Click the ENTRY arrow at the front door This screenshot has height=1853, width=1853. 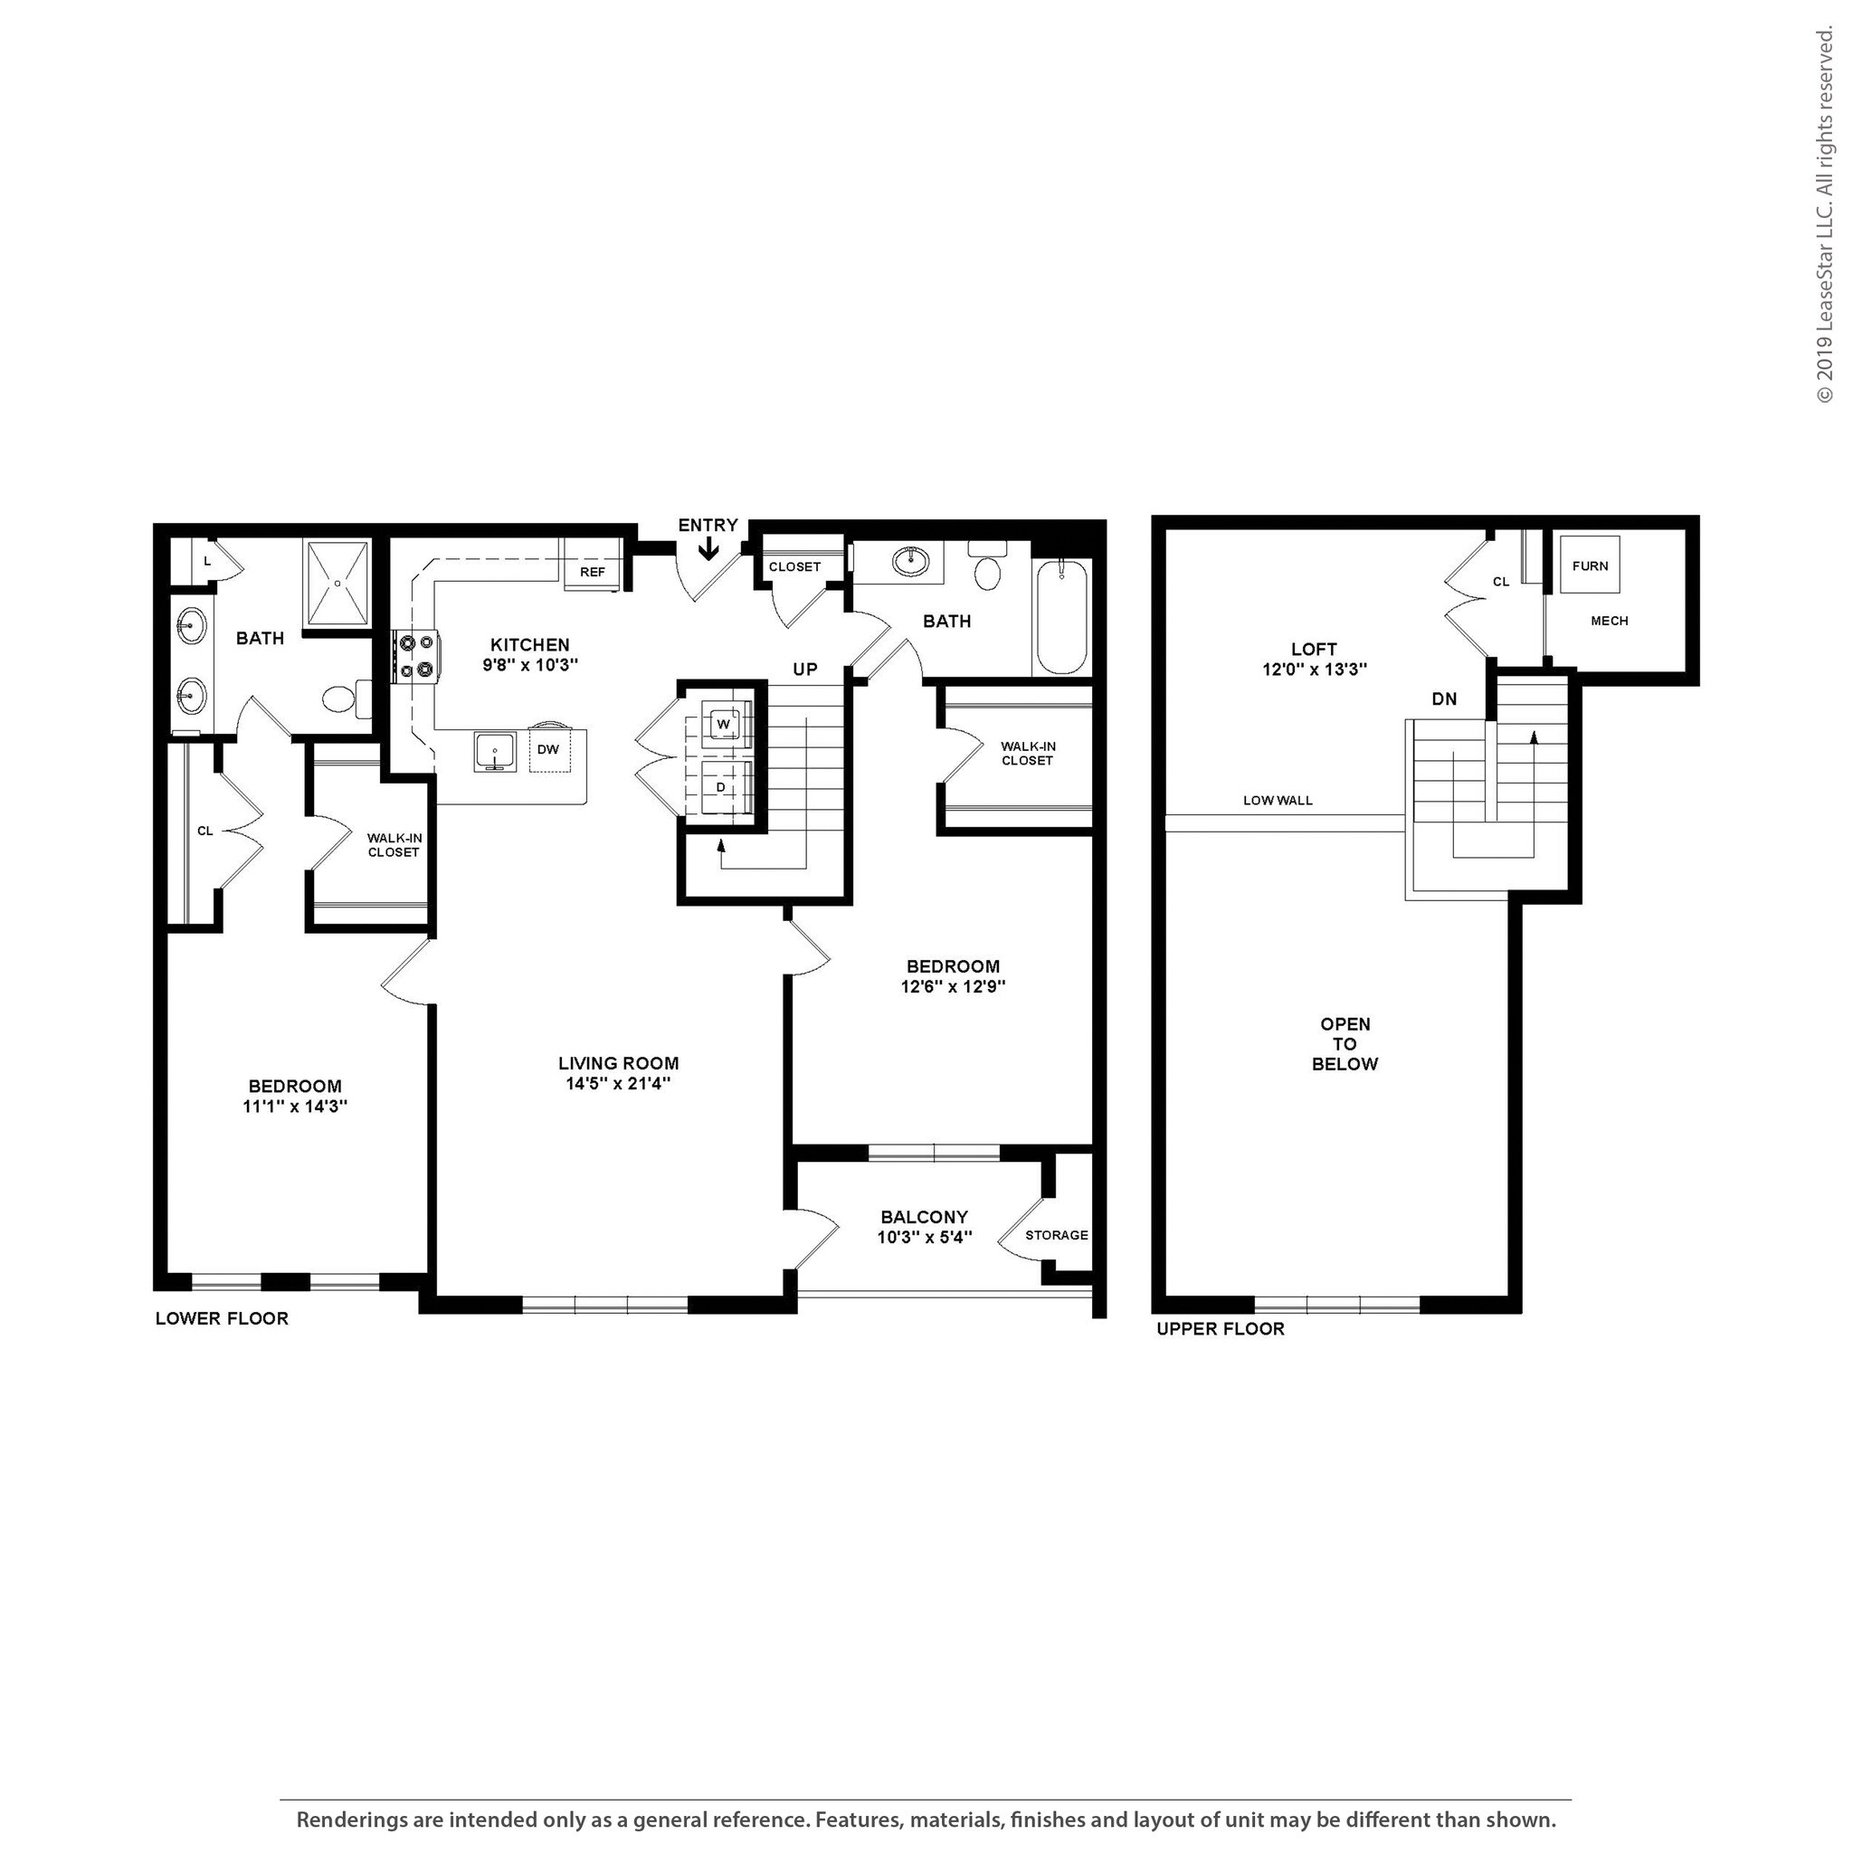click(708, 547)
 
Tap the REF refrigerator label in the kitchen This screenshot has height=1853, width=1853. click(593, 572)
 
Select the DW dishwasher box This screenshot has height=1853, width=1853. click(547, 749)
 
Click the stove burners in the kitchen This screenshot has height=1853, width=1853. click(415, 657)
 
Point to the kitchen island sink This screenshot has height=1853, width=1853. click(495, 750)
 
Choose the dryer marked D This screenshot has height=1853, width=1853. click(721, 787)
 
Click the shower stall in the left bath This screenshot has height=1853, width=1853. click(337, 584)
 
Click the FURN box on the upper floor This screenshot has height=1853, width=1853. click(1589, 565)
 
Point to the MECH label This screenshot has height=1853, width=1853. click(1609, 621)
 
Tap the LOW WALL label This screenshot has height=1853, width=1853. click(1278, 800)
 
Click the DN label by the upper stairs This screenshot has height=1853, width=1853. click(1443, 699)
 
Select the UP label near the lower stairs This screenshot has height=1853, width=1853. click(804, 670)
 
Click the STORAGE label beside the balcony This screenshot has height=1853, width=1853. click(1056, 1234)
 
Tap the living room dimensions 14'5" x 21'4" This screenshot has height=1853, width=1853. click(618, 1083)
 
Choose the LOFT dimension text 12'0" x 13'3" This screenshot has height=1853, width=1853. click(1313, 670)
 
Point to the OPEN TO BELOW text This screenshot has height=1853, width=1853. click(1344, 1043)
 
